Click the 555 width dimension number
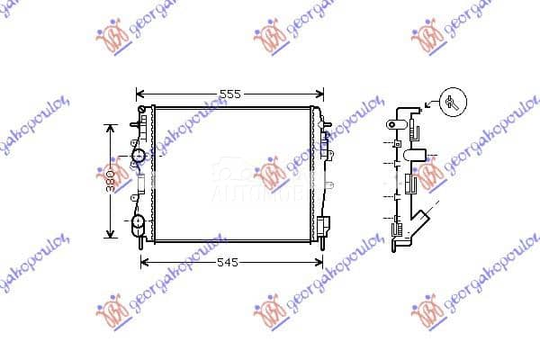(x=230, y=94)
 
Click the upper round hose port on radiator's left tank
(x=139, y=157)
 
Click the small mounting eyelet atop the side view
(x=392, y=124)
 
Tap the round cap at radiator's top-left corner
(x=141, y=110)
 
